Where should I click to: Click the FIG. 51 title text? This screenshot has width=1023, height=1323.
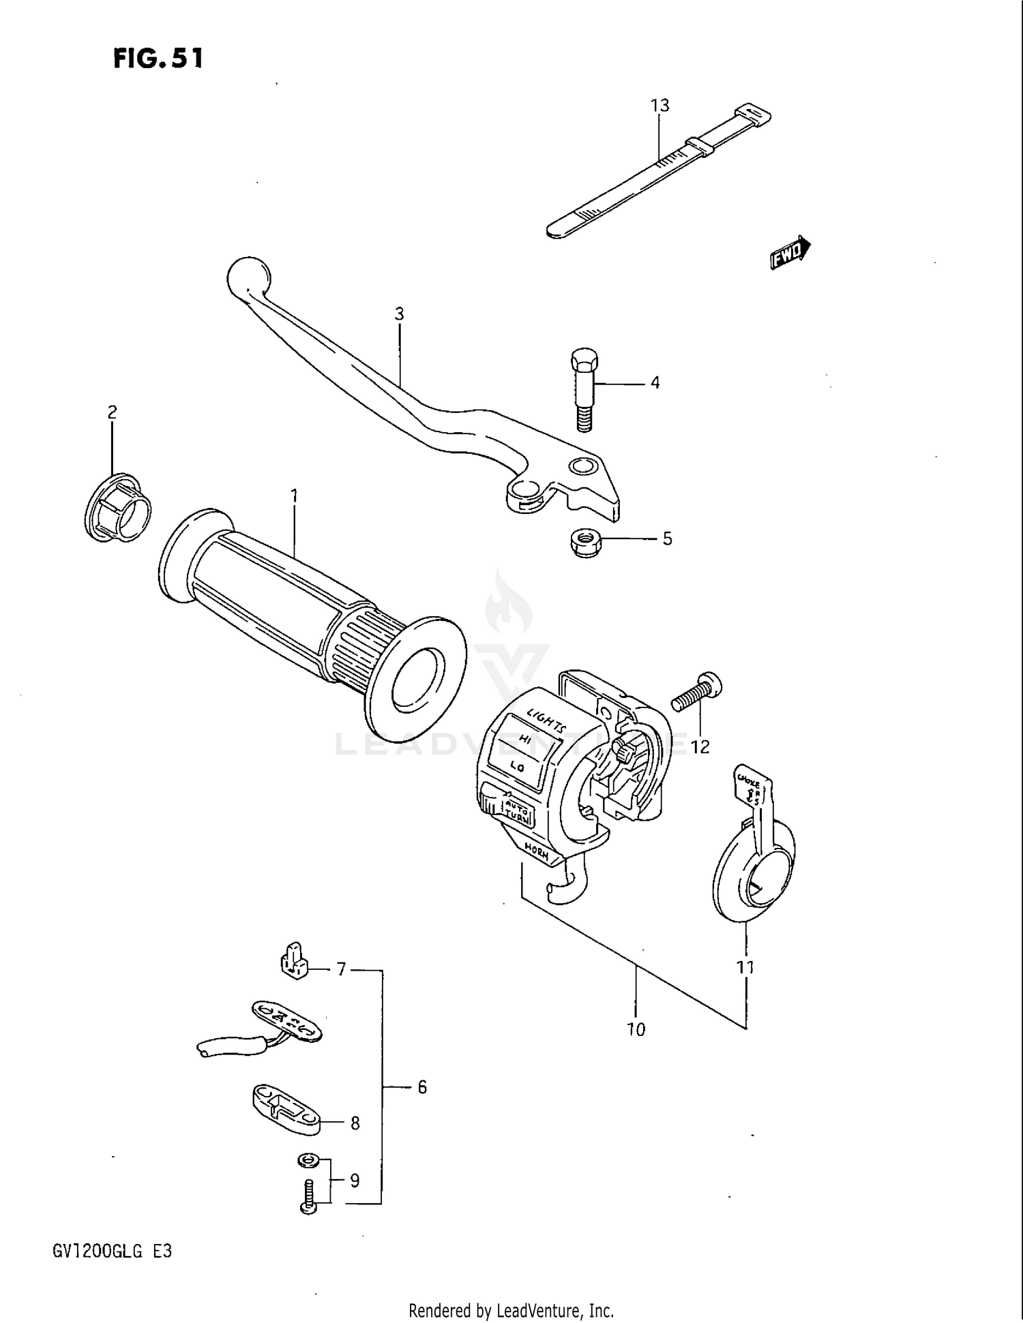pyautogui.click(x=158, y=59)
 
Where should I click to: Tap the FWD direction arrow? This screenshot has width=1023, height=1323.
pyautogui.click(x=790, y=253)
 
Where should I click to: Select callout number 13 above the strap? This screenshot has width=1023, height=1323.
pyautogui.click(x=659, y=106)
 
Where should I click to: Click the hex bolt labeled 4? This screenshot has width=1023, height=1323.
pyautogui.click(x=582, y=389)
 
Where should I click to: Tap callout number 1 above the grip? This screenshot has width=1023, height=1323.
pyautogui.click(x=294, y=496)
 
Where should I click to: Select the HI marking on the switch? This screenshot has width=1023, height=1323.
pyautogui.click(x=524, y=739)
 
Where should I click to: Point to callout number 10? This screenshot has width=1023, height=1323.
pyautogui.click(x=636, y=1030)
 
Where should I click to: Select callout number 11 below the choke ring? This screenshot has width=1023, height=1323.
pyautogui.click(x=745, y=967)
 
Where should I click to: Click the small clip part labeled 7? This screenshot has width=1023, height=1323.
pyautogui.click(x=293, y=960)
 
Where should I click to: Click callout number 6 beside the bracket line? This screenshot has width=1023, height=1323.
pyautogui.click(x=422, y=1087)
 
